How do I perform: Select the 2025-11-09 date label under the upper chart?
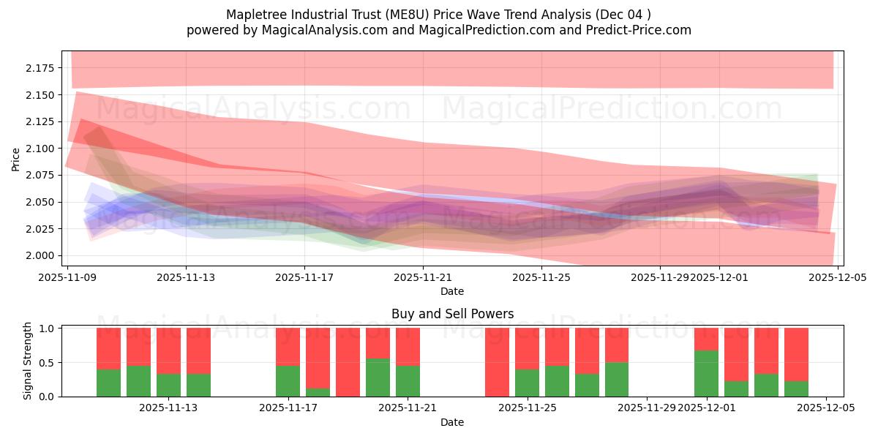click(x=67, y=277)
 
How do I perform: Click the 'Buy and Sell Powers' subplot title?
click(x=452, y=314)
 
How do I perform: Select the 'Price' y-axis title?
click(x=16, y=158)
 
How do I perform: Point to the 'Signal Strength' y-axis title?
click(x=28, y=361)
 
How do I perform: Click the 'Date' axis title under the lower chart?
click(x=452, y=422)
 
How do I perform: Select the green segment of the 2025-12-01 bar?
click(x=706, y=373)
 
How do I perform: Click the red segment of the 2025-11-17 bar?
click(x=288, y=346)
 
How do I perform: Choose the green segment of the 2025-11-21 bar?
click(x=408, y=380)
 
